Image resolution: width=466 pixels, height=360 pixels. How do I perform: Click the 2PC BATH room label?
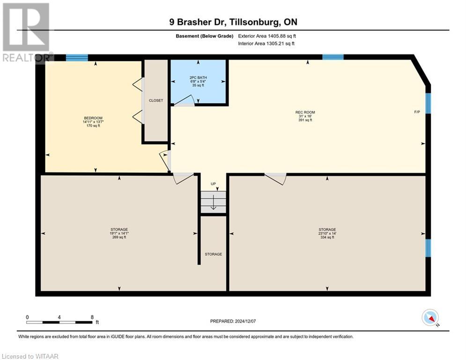[199, 81]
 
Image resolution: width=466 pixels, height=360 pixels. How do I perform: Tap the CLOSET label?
[155, 100]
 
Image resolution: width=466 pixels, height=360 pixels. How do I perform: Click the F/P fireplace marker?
[417, 112]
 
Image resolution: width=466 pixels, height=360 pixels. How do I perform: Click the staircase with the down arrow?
[214, 202]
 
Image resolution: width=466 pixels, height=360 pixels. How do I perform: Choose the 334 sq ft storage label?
[327, 233]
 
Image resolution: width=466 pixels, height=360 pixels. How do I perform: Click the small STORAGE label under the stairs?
[213, 254]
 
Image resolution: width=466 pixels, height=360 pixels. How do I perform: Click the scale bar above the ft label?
[59, 322]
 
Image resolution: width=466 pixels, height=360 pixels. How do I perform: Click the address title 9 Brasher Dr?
[233, 22]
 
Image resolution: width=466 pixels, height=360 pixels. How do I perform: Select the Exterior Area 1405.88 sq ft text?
[267, 36]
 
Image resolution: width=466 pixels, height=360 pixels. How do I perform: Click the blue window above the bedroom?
[77, 58]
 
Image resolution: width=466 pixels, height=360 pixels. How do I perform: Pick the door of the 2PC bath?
[185, 101]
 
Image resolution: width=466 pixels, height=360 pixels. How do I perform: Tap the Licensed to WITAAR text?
[31, 356]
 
